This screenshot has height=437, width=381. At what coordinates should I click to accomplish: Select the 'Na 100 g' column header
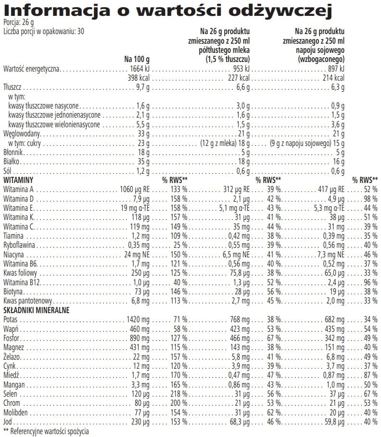pyautogui.click(x=137, y=59)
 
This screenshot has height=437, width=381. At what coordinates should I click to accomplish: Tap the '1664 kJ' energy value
pyautogui.click(x=140, y=69)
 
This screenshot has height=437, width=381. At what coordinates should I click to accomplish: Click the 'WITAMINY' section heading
pyautogui.click(x=17, y=179)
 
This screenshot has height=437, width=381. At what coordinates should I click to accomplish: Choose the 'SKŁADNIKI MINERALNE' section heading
pyautogui.click(x=37, y=310)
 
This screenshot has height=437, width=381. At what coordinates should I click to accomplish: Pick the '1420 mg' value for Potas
pyautogui.click(x=138, y=319)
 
